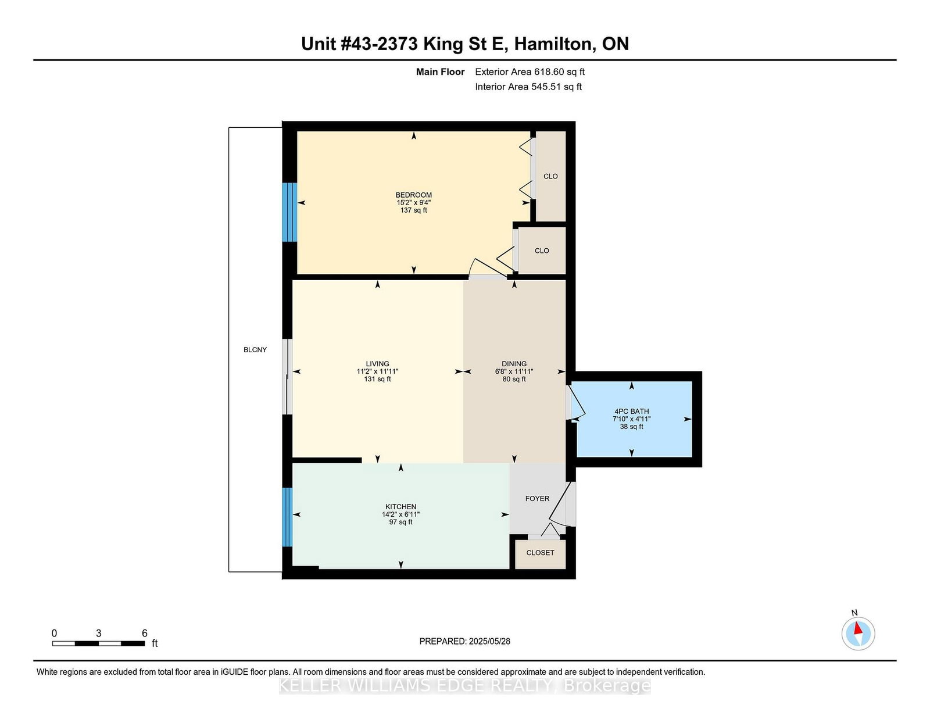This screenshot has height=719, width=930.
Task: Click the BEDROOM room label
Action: [x=413, y=195]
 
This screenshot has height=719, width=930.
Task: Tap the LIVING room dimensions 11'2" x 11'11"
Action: [x=377, y=371]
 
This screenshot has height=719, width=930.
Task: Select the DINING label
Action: [x=514, y=364]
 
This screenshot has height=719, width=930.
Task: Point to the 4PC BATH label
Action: [x=631, y=411]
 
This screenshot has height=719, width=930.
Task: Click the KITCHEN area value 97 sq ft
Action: [x=400, y=522]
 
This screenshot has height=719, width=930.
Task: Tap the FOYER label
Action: [x=537, y=499]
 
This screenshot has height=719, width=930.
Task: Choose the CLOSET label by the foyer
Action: [x=540, y=553]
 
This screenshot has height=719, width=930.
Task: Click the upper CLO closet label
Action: [x=550, y=176]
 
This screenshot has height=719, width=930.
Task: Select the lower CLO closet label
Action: [x=542, y=251]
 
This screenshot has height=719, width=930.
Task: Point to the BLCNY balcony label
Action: [x=255, y=350]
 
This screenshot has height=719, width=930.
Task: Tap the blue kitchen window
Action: [x=287, y=517]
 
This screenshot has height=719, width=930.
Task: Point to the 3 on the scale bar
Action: [x=99, y=633]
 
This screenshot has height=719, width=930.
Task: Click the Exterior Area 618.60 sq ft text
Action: [x=530, y=72]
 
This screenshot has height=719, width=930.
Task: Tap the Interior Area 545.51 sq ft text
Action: [x=528, y=87]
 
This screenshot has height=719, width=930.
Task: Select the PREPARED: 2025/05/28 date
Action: [x=464, y=641]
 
